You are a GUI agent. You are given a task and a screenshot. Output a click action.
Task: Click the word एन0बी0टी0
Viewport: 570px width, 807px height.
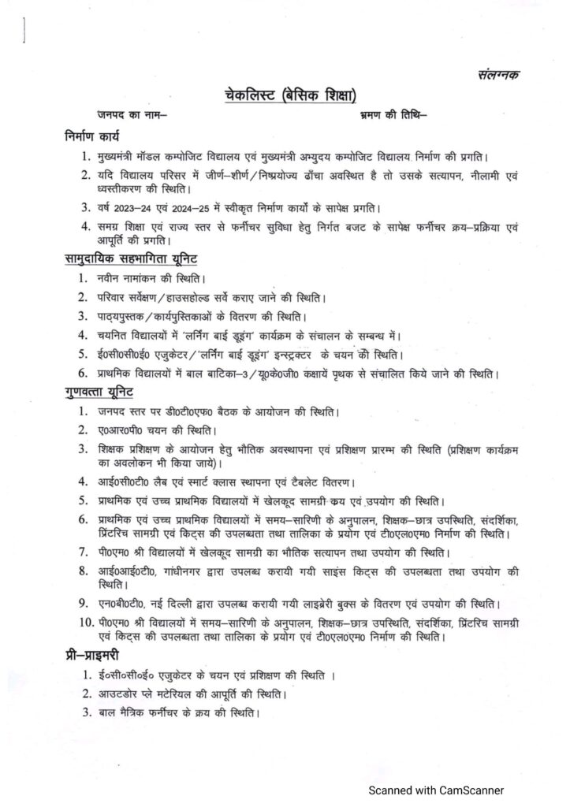tap(126, 604)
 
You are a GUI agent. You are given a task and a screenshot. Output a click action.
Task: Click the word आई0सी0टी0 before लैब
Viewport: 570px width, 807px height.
tap(128, 481)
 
